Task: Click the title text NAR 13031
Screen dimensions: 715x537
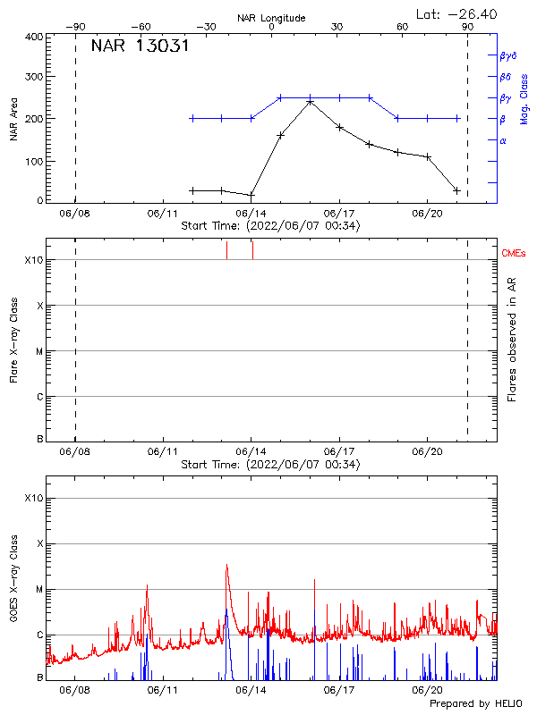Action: pyautogui.click(x=140, y=46)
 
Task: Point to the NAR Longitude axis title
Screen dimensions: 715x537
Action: pyautogui.click(x=271, y=17)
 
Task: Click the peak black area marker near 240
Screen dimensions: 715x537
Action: pyautogui.click(x=311, y=102)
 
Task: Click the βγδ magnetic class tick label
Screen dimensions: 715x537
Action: pyautogui.click(x=507, y=55)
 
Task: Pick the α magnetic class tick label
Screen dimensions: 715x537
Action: pyautogui.click(x=503, y=140)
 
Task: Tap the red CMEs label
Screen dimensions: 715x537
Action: pyautogui.click(x=514, y=254)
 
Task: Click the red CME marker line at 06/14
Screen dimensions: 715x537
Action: pyautogui.click(x=252, y=250)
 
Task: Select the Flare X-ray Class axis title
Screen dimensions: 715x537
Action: pyautogui.click(x=13, y=339)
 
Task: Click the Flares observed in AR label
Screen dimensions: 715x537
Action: pyautogui.click(x=512, y=339)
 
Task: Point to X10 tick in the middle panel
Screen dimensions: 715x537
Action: pyautogui.click(x=34, y=261)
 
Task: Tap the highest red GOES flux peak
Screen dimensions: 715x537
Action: pyautogui.click(x=226, y=565)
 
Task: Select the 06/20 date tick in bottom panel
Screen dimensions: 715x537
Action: pyautogui.click(x=427, y=691)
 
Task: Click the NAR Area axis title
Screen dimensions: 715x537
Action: pyautogui.click(x=13, y=118)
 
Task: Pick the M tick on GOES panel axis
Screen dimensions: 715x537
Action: pyautogui.click(x=38, y=590)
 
